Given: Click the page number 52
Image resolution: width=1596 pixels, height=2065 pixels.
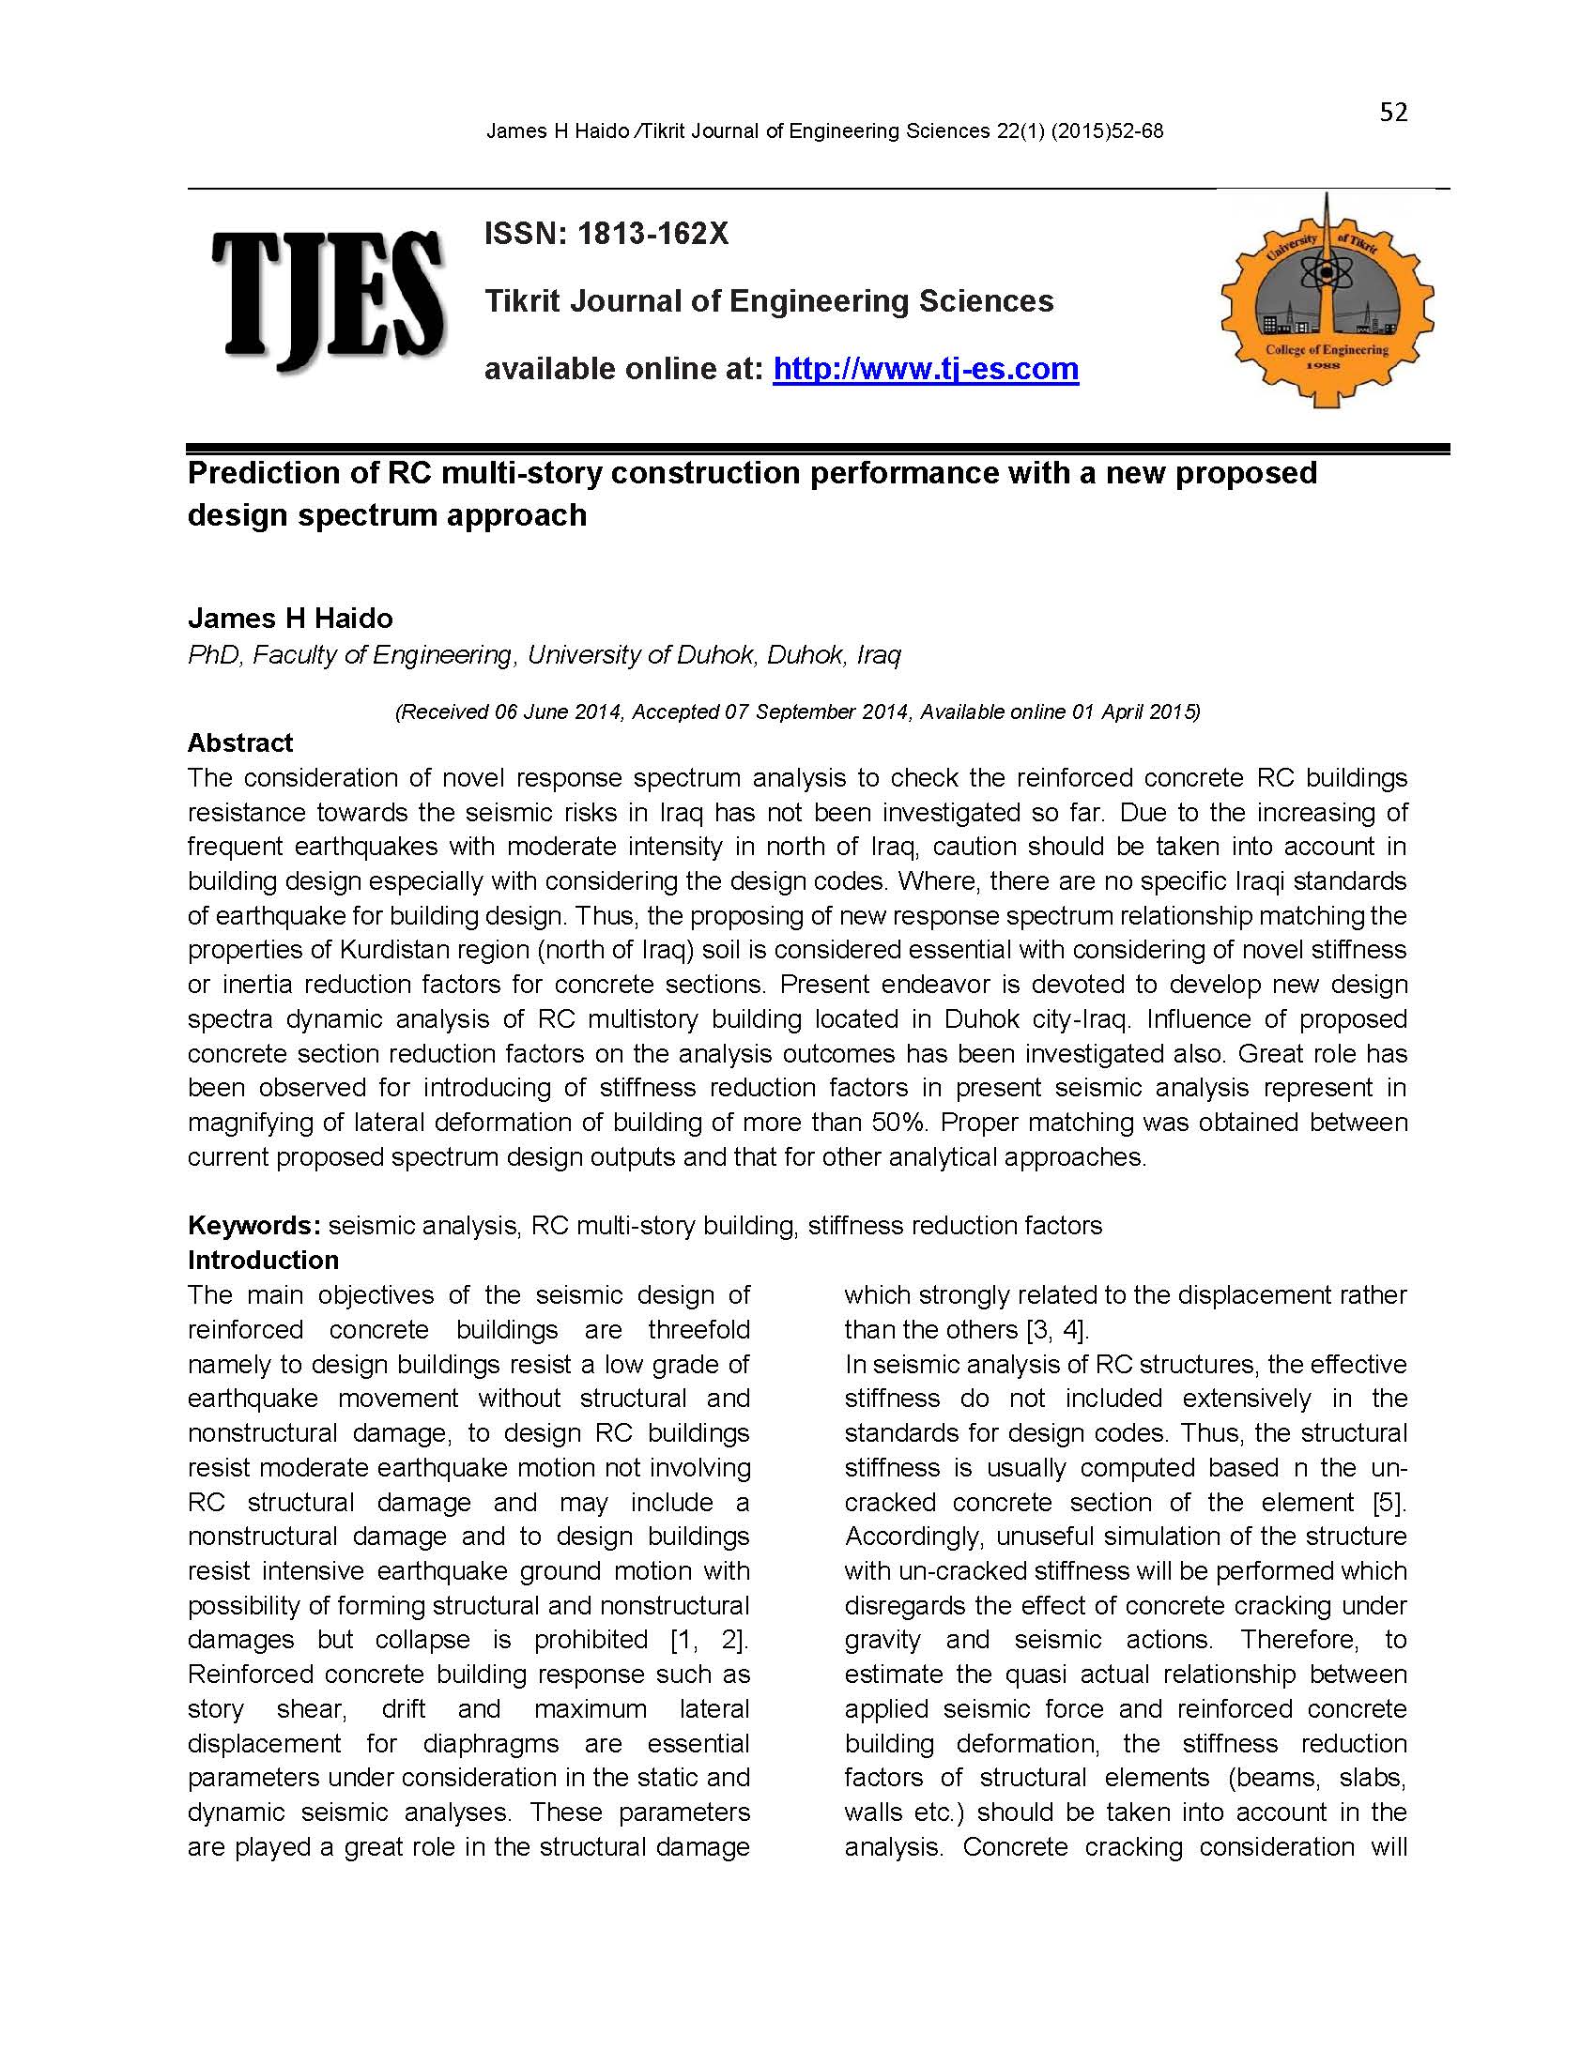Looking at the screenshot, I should pyautogui.click(x=1392, y=113).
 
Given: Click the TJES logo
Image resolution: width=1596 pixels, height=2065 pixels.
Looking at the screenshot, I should pyautogui.click(x=327, y=299).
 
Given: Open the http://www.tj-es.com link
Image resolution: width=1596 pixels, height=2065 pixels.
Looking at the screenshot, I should pyautogui.click(x=925, y=369).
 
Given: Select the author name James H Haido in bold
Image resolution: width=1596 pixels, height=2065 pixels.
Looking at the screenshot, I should pyautogui.click(x=290, y=619).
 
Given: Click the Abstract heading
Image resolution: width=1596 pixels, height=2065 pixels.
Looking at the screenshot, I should pyautogui.click(x=240, y=743).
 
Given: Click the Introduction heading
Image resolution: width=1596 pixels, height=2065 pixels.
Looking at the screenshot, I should pyautogui.click(x=263, y=1261).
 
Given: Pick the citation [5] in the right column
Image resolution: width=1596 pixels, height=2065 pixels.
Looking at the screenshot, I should pyautogui.click(x=1388, y=1503).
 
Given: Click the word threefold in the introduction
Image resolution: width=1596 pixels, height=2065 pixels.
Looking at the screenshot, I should pyautogui.click(x=698, y=1330).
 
